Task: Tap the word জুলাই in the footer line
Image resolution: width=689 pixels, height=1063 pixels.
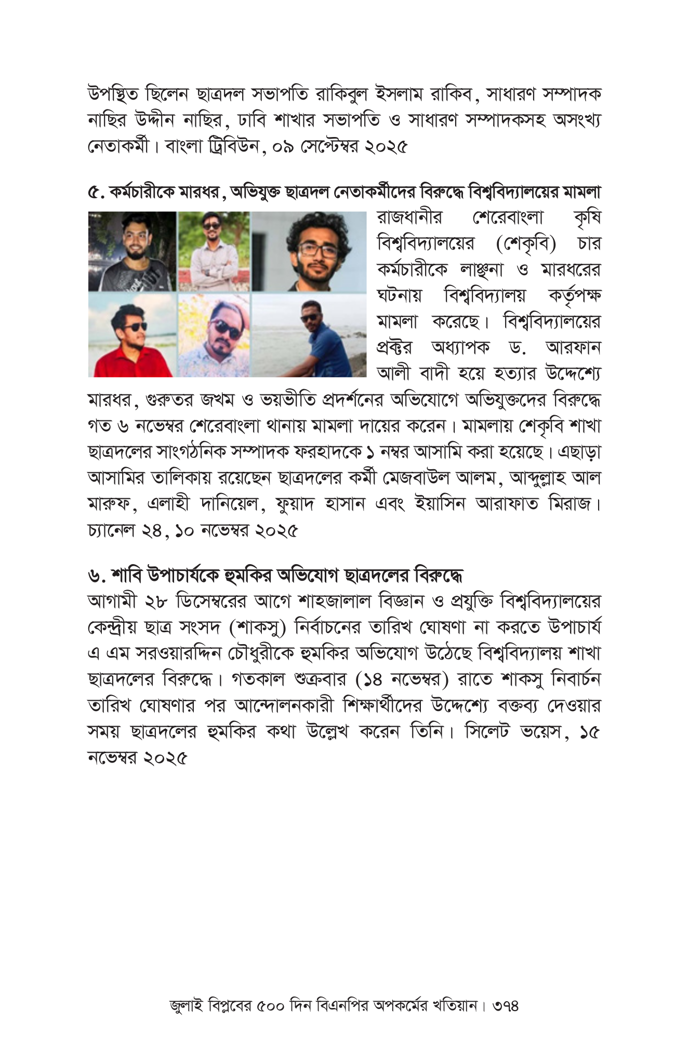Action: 186,1006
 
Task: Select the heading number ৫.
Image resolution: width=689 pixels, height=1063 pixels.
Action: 97,193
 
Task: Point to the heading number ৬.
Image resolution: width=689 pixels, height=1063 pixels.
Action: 97,576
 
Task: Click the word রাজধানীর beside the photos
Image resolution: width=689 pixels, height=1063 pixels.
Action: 410,218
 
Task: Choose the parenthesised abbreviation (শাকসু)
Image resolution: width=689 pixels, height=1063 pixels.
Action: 258,628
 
